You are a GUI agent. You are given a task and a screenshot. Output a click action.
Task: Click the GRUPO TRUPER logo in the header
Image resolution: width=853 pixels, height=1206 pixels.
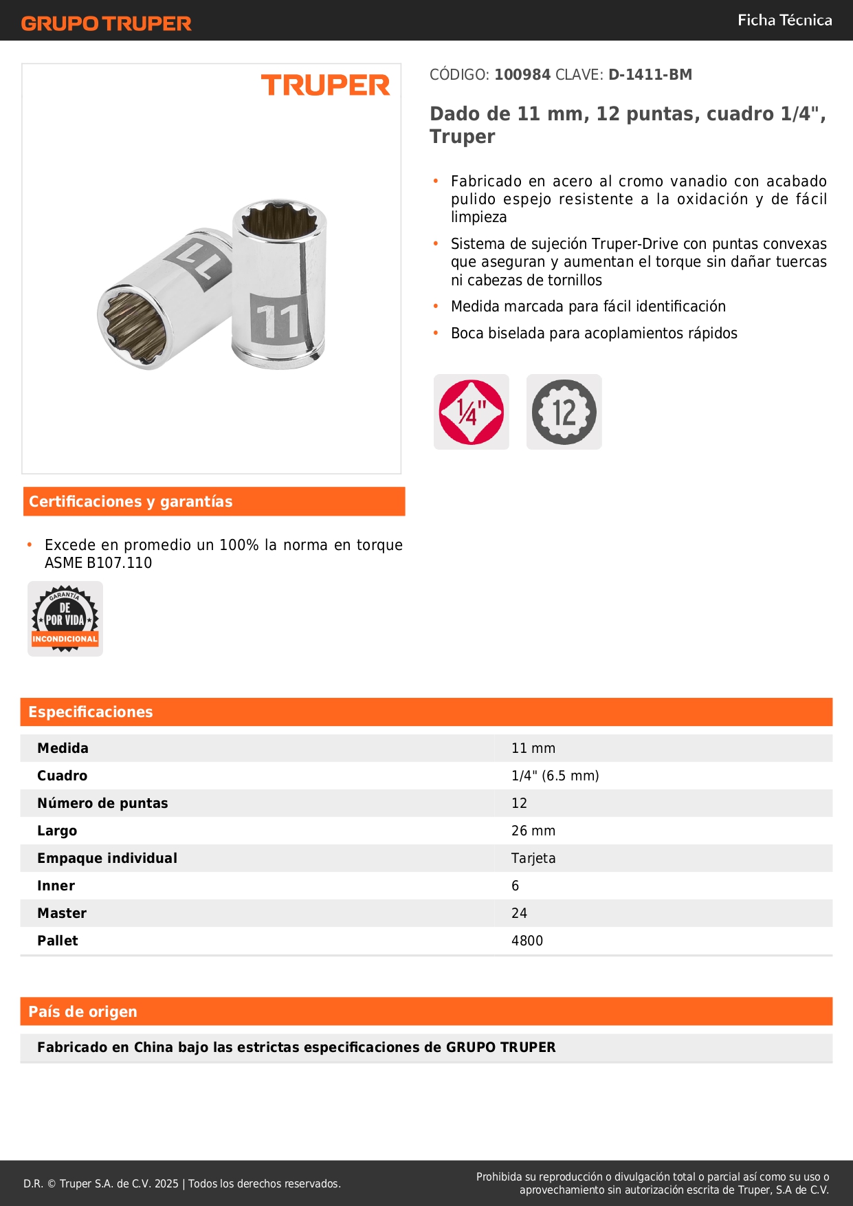(x=106, y=23)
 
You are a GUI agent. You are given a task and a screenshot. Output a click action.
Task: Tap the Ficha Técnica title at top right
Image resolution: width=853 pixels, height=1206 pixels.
(x=784, y=21)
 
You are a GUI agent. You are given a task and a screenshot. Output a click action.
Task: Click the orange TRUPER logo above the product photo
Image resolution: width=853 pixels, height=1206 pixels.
(x=325, y=85)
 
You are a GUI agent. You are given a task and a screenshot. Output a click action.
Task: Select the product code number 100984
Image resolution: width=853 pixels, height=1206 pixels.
(x=522, y=75)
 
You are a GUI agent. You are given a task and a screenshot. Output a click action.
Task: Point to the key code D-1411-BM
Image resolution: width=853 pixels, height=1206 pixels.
(x=650, y=75)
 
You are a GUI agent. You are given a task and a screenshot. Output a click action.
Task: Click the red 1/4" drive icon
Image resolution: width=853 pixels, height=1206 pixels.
(x=471, y=412)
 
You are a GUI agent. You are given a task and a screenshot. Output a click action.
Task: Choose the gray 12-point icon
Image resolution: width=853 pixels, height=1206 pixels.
(x=564, y=412)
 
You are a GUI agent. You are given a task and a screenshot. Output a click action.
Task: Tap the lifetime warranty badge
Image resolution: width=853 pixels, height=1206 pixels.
(x=65, y=619)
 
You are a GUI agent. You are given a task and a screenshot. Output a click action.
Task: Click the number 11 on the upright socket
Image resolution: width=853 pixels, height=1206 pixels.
(x=278, y=320)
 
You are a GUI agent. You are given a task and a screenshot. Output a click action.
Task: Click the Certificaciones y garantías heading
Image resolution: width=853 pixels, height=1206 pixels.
(x=131, y=502)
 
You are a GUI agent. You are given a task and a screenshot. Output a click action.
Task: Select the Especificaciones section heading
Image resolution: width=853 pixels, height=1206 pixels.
(x=90, y=712)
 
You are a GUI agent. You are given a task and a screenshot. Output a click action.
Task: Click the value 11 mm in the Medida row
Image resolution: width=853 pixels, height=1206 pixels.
(x=533, y=749)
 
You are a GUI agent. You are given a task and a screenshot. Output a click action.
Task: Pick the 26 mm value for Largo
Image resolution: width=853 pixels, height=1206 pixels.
(x=533, y=831)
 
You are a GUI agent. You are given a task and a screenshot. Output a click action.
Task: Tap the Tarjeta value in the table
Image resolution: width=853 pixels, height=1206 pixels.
(x=533, y=859)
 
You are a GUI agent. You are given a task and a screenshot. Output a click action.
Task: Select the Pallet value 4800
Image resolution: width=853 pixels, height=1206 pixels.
(x=527, y=941)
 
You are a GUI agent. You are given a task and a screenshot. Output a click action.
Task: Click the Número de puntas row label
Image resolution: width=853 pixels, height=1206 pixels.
(x=102, y=804)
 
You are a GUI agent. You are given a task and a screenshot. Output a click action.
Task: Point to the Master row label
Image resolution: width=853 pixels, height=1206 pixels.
(x=62, y=914)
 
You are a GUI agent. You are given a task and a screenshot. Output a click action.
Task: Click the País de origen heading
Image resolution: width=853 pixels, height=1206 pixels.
(x=82, y=1012)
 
